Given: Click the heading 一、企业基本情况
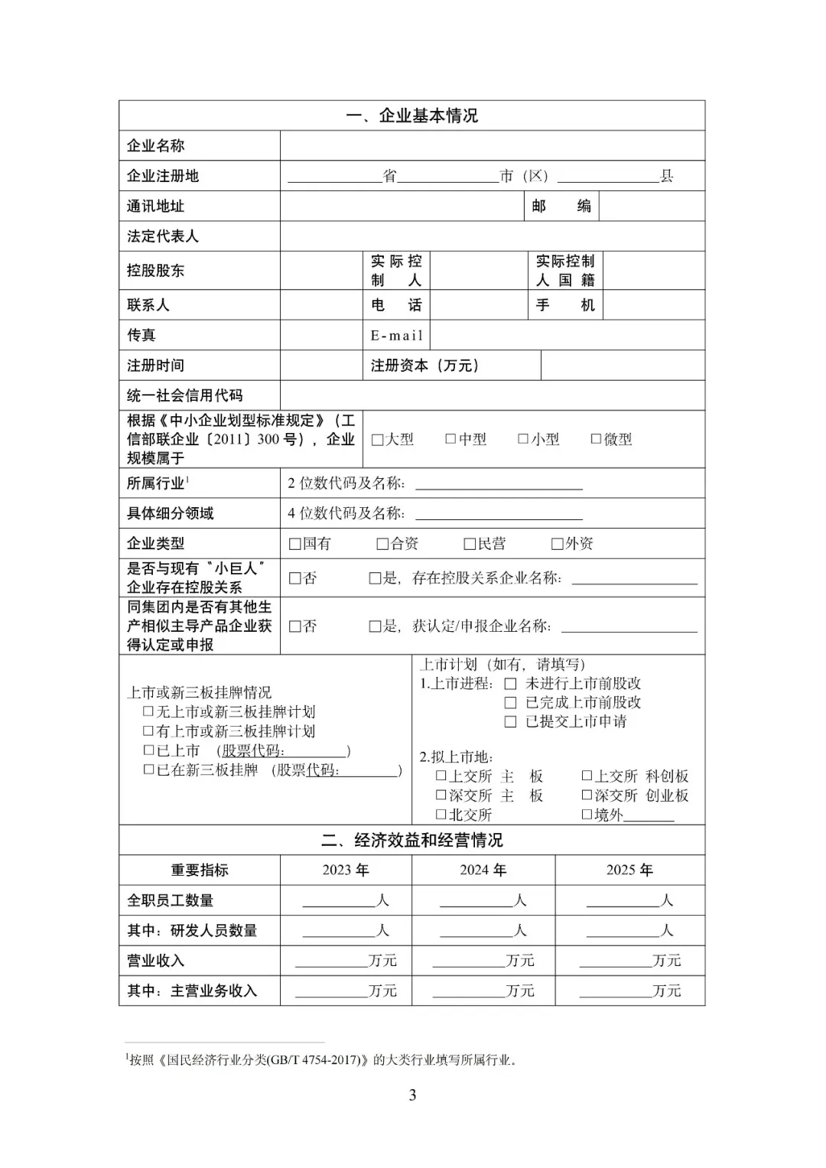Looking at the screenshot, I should click(x=411, y=115).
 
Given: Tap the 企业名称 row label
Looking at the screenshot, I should click(x=156, y=145).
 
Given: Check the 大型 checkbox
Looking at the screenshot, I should click(x=377, y=440).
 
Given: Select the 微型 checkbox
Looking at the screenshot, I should click(x=596, y=439).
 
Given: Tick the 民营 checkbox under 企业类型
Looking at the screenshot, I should click(x=470, y=544).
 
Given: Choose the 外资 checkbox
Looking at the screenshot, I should click(x=557, y=544).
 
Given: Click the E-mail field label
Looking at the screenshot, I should click(x=396, y=335).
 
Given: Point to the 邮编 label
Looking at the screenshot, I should click(x=561, y=206).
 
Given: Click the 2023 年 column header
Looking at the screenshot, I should click(x=346, y=870).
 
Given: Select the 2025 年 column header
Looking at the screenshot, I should click(x=629, y=870).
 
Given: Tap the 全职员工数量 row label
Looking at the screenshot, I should click(x=170, y=900).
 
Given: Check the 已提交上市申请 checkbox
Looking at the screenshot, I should click(x=510, y=722).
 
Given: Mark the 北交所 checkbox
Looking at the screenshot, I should click(x=441, y=815).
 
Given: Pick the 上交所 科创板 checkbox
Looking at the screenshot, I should click(x=587, y=776).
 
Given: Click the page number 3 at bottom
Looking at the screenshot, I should click(x=412, y=1095).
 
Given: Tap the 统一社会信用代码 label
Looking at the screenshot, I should click(x=184, y=395).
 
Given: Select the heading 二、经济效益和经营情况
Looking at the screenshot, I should click(x=411, y=840).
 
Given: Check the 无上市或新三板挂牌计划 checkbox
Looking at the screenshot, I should click(x=148, y=711).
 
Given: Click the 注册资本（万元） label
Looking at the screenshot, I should click(x=424, y=366).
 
